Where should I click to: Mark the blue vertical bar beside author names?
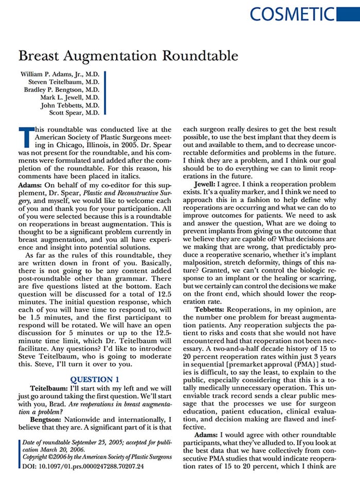104,93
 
